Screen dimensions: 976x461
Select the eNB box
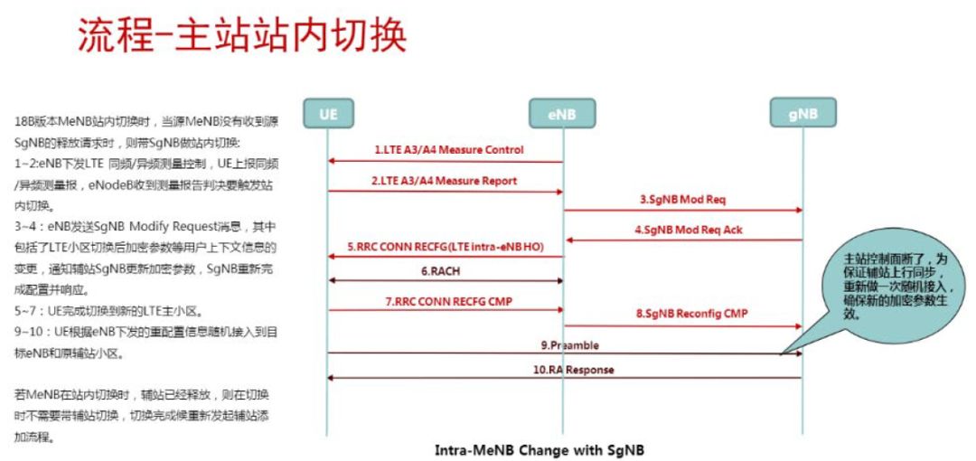(562, 115)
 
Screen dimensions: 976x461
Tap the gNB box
(802, 115)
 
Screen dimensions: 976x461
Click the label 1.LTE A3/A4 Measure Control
(448, 149)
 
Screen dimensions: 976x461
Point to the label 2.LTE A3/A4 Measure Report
(446, 181)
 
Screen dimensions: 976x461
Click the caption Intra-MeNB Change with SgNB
(540, 449)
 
